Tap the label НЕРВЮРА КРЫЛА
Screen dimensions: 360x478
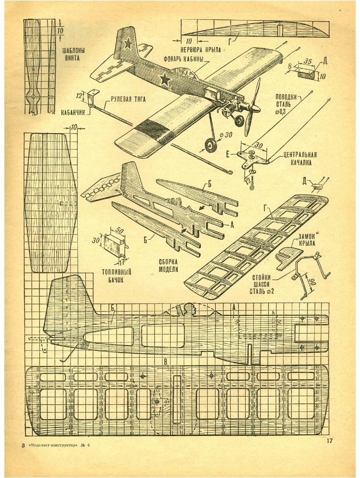(201, 50)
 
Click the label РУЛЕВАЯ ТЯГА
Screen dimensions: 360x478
(128, 99)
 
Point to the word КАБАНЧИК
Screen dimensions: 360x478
(73, 113)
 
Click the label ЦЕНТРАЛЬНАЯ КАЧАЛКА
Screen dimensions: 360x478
(301, 159)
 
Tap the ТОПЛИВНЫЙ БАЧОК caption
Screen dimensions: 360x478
(116, 276)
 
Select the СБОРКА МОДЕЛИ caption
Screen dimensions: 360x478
(168, 265)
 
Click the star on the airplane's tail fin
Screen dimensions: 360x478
(128, 43)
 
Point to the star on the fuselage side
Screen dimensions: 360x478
(165, 79)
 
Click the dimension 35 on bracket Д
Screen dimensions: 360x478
(307, 62)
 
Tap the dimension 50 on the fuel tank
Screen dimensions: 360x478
(118, 230)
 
